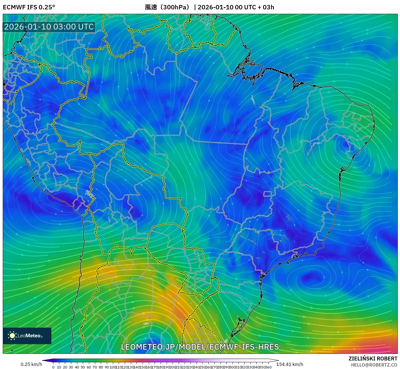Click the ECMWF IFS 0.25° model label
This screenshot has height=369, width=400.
tap(29, 7)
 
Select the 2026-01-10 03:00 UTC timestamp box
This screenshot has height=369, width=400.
tap(49, 27)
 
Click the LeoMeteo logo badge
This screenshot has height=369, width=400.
tap(27, 336)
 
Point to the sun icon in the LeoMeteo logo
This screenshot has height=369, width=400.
tap(12, 336)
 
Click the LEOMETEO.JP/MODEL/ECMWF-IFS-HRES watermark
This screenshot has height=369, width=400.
tap(200, 347)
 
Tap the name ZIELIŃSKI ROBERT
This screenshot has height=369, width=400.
tap(373, 359)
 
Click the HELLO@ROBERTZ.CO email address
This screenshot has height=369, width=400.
tap(374, 365)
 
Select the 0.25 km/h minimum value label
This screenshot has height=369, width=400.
tap(31, 364)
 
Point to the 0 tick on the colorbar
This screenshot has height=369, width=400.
tap(53, 367)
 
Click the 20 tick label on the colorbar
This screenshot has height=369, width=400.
tap(65, 367)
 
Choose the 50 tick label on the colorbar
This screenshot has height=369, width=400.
tap(83, 367)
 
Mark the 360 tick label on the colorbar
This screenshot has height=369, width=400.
tap(268, 367)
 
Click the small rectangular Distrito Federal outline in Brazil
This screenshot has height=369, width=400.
tap(267, 194)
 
